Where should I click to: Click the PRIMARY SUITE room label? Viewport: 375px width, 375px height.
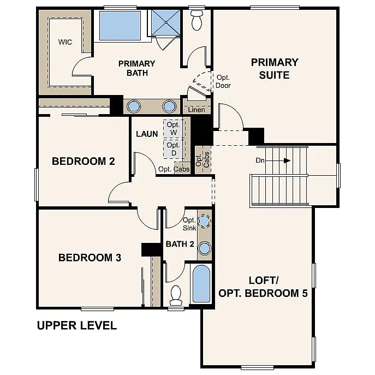(x=275, y=69)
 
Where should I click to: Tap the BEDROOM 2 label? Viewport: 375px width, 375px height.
(x=83, y=161)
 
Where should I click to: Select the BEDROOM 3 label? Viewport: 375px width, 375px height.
(x=90, y=258)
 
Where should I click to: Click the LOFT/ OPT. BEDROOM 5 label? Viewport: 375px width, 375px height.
(x=263, y=287)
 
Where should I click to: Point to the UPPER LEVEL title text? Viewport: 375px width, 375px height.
(x=76, y=326)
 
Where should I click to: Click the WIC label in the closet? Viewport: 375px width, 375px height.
(x=66, y=42)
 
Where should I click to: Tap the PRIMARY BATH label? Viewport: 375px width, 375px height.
(x=136, y=68)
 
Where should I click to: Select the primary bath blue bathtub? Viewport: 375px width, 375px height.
(x=120, y=26)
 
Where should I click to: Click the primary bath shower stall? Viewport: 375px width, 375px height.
(x=165, y=23)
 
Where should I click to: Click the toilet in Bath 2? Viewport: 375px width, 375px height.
(x=176, y=295)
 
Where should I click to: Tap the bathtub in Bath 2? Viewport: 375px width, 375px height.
(x=201, y=284)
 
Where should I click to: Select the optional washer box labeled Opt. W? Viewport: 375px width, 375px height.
(x=174, y=129)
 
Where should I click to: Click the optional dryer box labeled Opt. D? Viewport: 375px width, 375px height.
(x=173, y=149)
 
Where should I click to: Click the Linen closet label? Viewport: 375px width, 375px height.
(x=196, y=110)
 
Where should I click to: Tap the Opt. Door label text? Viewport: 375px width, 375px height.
(x=224, y=81)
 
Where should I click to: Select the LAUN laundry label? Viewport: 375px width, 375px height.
(x=147, y=134)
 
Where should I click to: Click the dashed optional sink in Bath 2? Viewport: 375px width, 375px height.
(x=204, y=221)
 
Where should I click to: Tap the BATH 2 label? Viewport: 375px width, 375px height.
(x=180, y=244)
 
